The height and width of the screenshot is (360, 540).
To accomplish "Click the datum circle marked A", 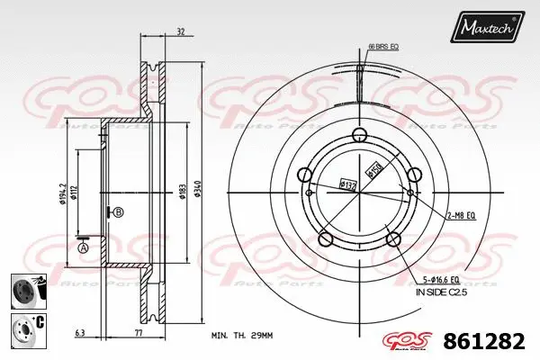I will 84,247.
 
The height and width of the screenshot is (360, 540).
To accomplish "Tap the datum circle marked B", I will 119,212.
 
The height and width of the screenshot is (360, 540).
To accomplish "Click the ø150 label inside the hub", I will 372,168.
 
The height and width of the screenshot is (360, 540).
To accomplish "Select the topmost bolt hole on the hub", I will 359,136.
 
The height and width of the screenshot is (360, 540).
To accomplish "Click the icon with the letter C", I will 24,328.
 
